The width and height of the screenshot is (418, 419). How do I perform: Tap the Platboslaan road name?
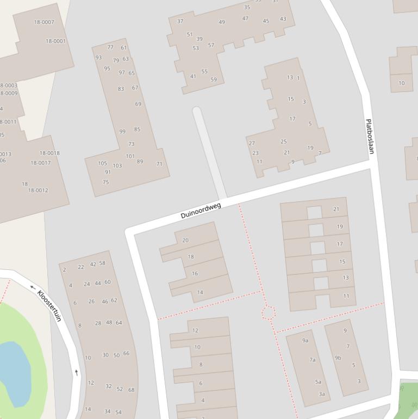pyautogui.click(x=370, y=137)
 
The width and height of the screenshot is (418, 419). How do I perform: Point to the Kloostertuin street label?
pyautogui.click(x=49, y=305)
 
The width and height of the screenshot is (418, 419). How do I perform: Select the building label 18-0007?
pyautogui.click(x=44, y=22)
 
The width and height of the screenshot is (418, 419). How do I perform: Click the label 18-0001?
pyautogui.click(x=55, y=41)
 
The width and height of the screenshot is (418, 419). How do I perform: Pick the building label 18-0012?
pyautogui.click(x=38, y=190)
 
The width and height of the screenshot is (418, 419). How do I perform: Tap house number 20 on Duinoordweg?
pyautogui.click(x=185, y=240)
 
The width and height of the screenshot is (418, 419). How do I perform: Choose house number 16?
pyautogui.click(x=195, y=274)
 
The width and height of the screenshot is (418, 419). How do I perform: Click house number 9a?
pyautogui.click(x=305, y=341)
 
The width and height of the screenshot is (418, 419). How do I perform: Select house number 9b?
pyautogui.click(x=338, y=358)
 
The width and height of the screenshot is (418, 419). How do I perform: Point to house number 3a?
pyautogui.click(x=322, y=394)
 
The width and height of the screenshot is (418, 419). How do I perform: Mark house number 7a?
pyautogui.click(x=313, y=360)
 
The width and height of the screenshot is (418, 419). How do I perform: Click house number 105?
pyautogui.click(x=103, y=163)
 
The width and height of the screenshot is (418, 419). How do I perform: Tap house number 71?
pyautogui.click(x=159, y=164)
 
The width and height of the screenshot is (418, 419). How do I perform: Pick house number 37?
pyautogui.click(x=180, y=21)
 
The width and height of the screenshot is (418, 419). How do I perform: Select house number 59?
pyautogui.click(x=214, y=79)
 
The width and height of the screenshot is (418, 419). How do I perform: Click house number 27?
pyautogui.click(x=252, y=144)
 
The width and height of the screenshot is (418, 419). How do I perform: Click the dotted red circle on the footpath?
pyautogui.click(x=269, y=312)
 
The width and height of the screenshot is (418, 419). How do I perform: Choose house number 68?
pyautogui.click(x=131, y=390)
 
